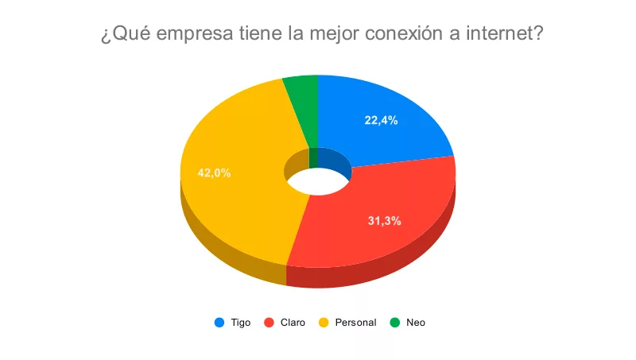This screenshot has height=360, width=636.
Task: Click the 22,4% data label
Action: coord(381,121)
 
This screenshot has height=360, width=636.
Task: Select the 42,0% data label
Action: coord(215,172)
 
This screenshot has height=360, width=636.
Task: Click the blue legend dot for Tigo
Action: coord(219,323)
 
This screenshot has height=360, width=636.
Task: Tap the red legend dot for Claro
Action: coord(269,323)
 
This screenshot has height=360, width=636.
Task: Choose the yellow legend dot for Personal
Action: coord(324,323)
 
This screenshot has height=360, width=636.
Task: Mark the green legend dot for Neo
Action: coord(394,323)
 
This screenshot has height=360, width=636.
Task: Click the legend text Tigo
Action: coord(241,323)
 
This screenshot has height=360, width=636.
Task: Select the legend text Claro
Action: coord(292,323)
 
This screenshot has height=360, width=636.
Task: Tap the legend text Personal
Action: coord(355,323)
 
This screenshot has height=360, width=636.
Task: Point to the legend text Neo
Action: coord(416,323)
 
